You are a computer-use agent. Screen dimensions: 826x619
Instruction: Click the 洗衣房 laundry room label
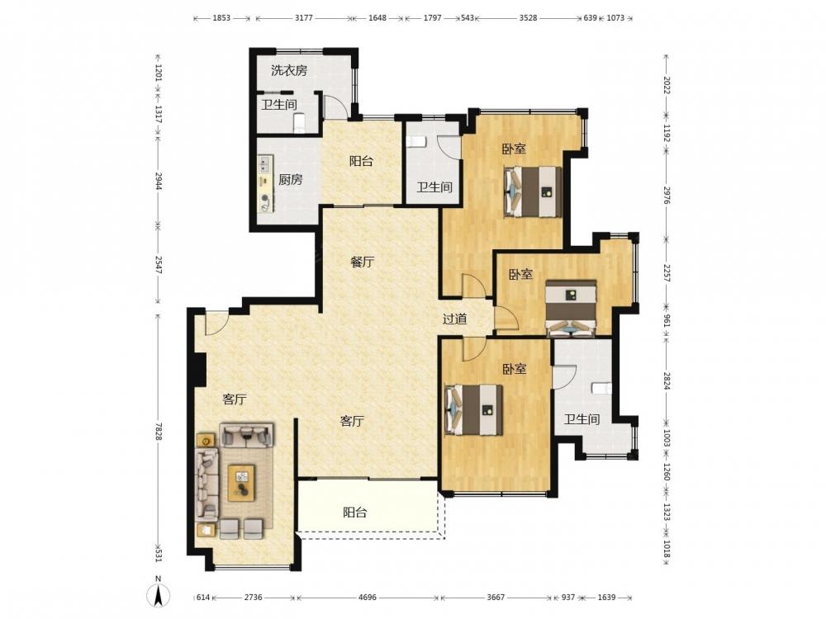288,70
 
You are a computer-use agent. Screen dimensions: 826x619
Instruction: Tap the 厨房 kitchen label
290,179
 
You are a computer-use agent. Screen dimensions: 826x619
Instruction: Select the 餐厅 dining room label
363,262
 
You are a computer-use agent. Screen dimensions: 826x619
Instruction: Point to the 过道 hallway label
454,319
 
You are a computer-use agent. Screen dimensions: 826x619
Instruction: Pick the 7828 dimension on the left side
158,432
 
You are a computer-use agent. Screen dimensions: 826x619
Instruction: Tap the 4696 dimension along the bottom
368,598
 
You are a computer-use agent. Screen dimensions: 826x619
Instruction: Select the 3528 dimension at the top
528,17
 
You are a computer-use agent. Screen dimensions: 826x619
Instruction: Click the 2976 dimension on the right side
667,194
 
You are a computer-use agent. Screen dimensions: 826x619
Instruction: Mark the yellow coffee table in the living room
241,483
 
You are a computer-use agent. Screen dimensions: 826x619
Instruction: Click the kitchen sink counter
265,183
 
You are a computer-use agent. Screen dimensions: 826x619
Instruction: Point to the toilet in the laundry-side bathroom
299,122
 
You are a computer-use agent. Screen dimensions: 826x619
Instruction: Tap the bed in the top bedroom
533,191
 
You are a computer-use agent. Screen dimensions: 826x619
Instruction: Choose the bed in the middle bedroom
571,309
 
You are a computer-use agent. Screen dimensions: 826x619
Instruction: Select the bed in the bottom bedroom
474,410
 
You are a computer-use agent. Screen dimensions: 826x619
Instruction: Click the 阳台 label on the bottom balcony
354,513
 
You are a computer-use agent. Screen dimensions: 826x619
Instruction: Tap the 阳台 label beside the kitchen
362,161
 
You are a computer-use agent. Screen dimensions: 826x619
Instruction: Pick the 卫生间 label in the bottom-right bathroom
582,419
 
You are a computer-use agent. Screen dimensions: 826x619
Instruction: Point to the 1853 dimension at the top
221,17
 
